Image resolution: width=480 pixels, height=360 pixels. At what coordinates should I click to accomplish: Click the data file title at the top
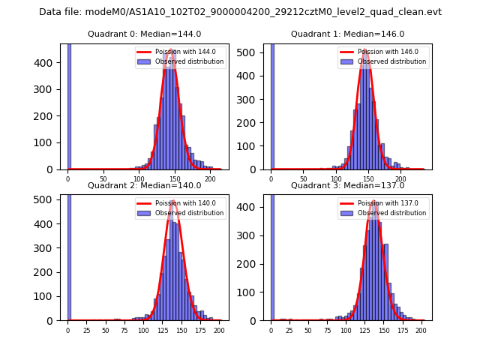click(x=240, y=12)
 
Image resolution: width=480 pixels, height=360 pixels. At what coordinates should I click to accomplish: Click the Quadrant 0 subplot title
click(x=144, y=34)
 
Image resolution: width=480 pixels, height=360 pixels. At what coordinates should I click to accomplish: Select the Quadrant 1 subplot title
click(x=347, y=34)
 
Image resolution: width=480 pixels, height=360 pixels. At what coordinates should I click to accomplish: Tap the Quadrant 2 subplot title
click(x=144, y=185)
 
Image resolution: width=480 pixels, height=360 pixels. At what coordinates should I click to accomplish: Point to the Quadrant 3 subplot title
click(x=347, y=185)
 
